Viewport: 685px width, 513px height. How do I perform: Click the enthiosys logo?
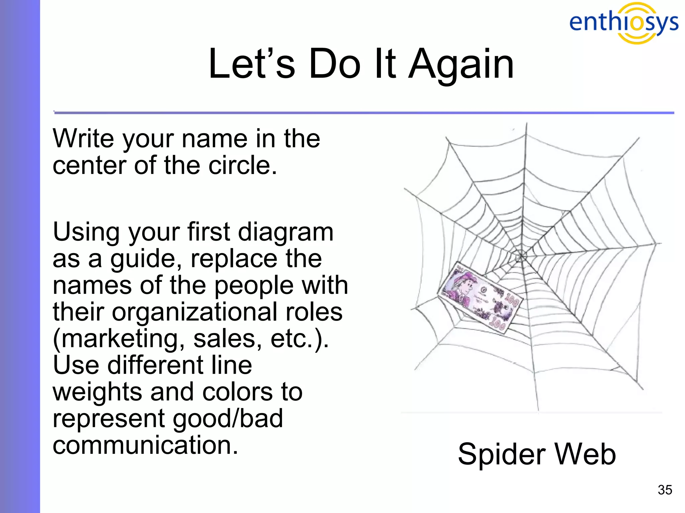(623, 23)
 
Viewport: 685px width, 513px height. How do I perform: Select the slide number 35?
(665, 490)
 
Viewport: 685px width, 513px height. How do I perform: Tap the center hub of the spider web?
(520, 256)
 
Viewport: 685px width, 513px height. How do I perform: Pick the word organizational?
(194, 312)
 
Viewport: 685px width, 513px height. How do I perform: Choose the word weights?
(97, 392)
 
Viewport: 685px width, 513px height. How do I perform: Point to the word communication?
(145, 445)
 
